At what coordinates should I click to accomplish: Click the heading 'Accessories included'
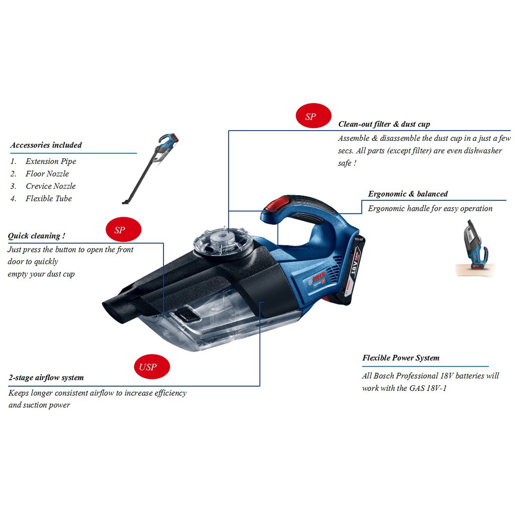pyautogui.click(x=46, y=145)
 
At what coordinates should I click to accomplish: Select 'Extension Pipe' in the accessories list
pyautogui.click(x=51, y=161)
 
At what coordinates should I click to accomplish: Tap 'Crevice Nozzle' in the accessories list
pyautogui.click(x=51, y=186)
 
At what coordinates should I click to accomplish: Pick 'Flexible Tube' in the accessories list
pyautogui.click(x=49, y=199)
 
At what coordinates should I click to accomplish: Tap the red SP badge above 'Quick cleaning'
pyautogui.click(x=120, y=230)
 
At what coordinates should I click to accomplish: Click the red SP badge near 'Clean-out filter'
pyautogui.click(x=311, y=117)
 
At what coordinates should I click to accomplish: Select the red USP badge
pyautogui.click(x=148, y=367)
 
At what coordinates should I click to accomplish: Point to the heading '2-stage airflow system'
pyautogui.click(x=46, y=378)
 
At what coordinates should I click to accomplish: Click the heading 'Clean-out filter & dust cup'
pyautogui.click(x=384, y=124)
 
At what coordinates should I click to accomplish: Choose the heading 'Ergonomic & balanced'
pyautogui.click(x=407, y=194)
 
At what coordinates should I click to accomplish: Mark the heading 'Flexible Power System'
pyautogui.click(x=400, y=358)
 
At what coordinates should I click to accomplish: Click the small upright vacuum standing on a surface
pyautogui.click(x=475, y=249)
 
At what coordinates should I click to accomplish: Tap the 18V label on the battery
pyautogui.click(x=355, y=262)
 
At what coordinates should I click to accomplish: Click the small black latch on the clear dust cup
pyautogui.click(x=188, y=315)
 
